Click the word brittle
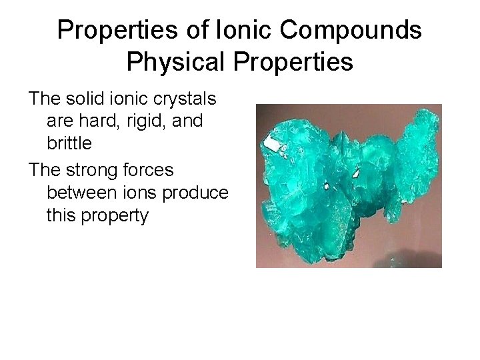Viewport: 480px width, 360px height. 69,143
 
